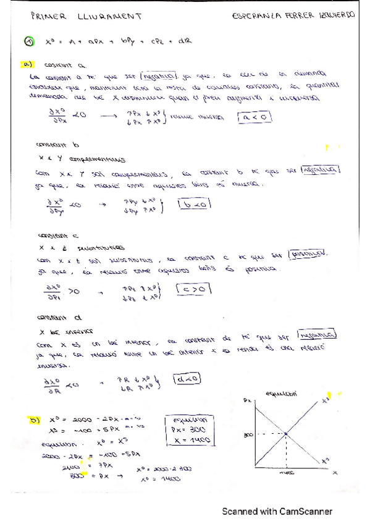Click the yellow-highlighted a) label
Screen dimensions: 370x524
(29, 64)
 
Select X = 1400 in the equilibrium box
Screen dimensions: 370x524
(191, 441)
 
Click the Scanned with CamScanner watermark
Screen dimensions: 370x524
(277, 511)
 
